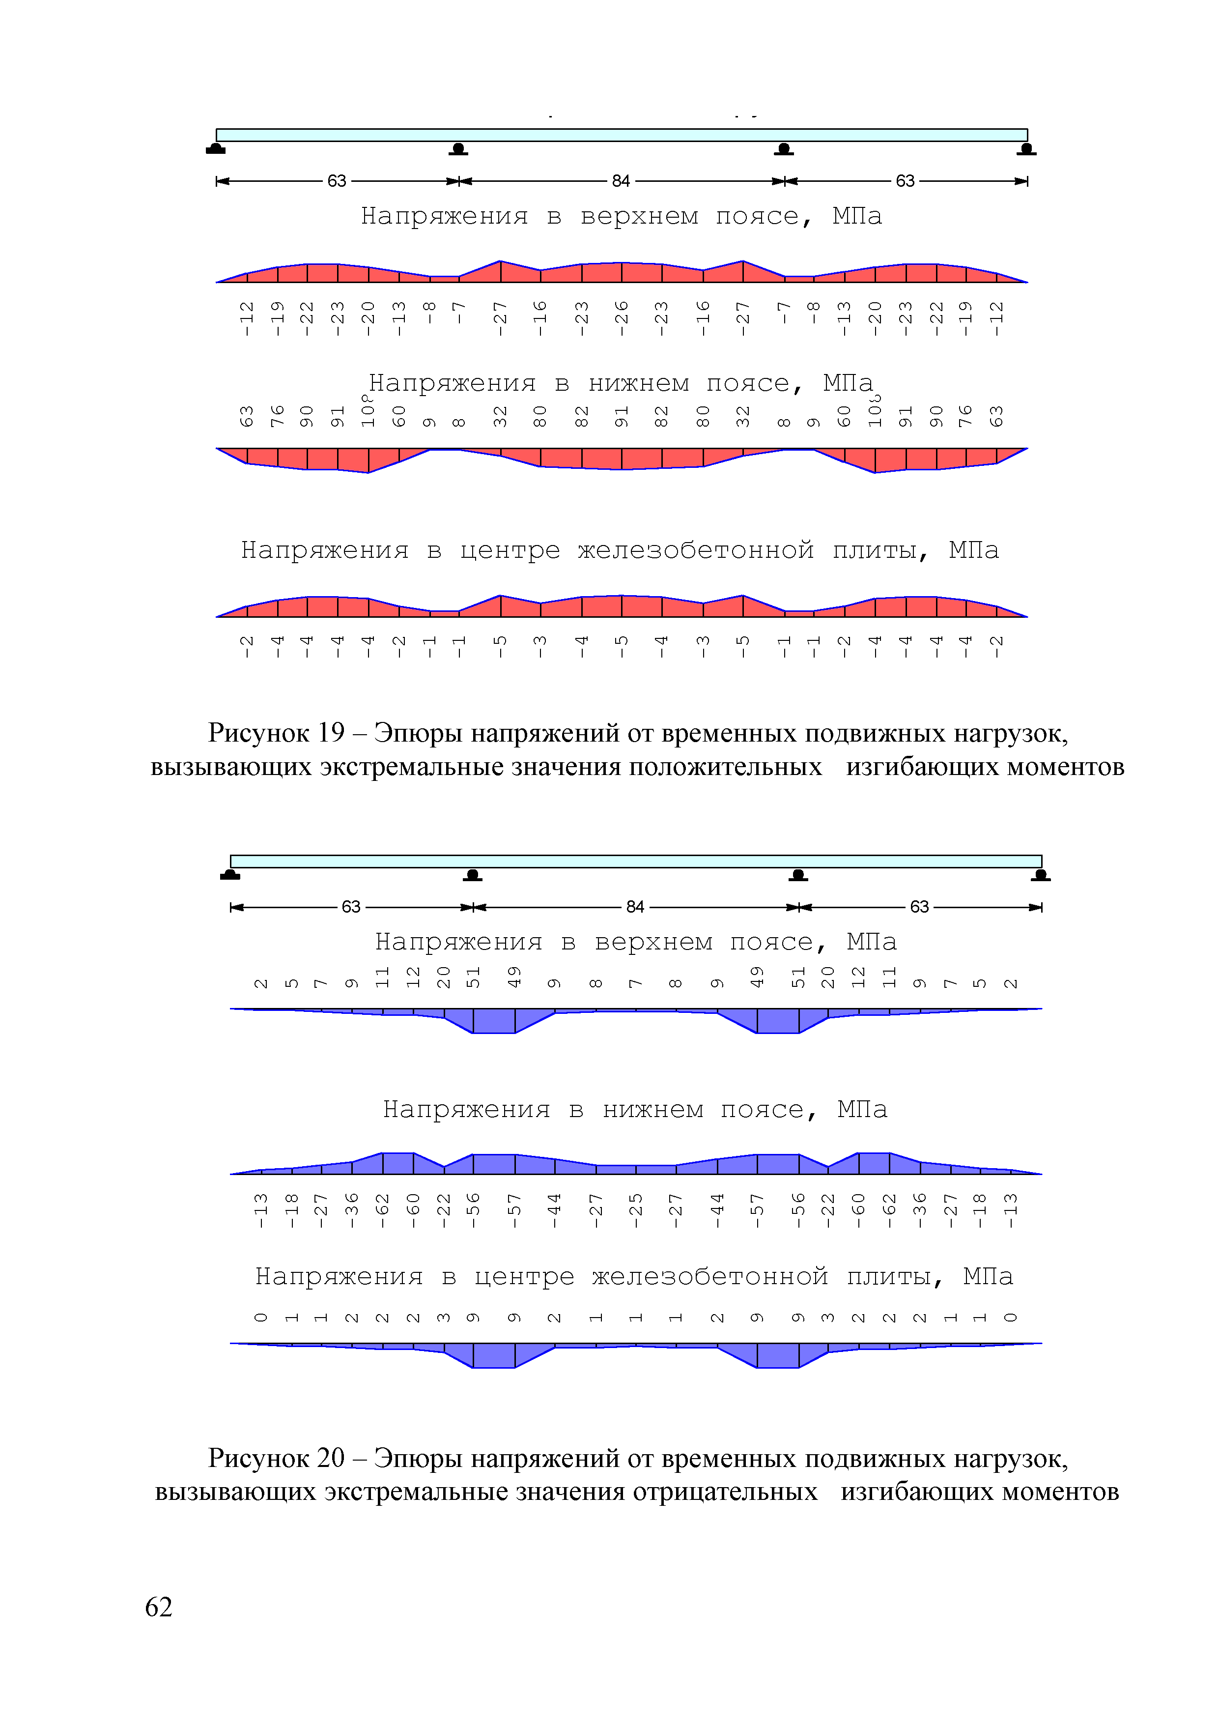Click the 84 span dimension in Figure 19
tap(621, 181)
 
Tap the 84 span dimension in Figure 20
tap(635, 907)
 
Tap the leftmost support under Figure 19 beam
tap(216, 149)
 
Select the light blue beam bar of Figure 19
tap(622, 135)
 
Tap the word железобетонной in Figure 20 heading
tap(709, 1276)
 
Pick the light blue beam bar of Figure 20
tap(636, 861)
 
